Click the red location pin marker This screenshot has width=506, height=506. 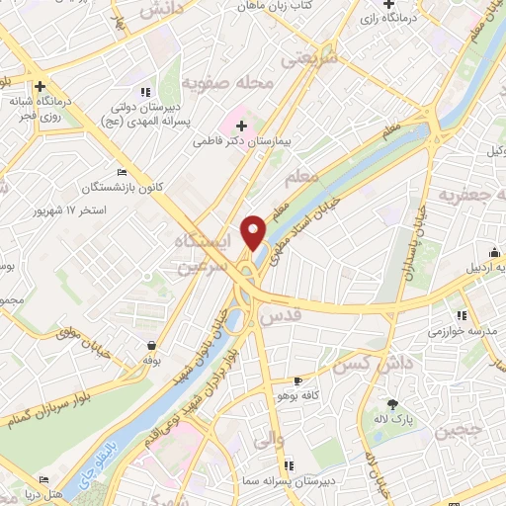coord(255,232)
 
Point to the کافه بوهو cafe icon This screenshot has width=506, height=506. coord(298,380)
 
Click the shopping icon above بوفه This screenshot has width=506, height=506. coord(151,346)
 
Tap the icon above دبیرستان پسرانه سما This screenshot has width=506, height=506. coord(288,464)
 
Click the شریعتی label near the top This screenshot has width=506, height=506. coord(307,60)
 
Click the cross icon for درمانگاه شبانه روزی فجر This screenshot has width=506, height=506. coord(41,86)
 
